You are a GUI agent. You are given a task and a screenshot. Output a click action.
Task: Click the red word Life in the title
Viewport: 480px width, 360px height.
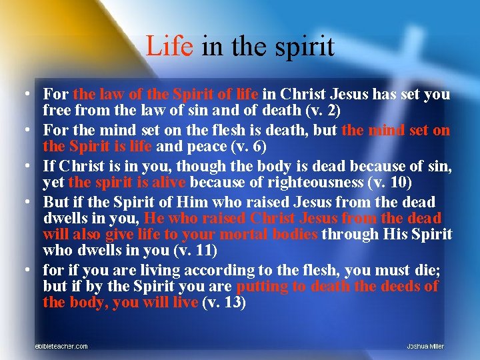click(x=168, y=46)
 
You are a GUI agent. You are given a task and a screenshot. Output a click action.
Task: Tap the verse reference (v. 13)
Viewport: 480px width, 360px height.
click(x=223, y=302)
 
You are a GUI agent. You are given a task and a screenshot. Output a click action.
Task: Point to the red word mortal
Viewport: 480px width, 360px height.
click(x=211, y=234)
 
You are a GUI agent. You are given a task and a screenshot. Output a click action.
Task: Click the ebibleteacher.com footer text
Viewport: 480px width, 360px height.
click(x=61, y=346)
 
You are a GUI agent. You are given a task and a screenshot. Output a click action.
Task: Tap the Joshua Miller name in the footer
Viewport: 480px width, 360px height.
click(x=425, y=346)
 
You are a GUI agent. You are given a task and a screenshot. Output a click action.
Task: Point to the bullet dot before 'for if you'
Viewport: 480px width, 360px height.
click(x=25, y=271)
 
